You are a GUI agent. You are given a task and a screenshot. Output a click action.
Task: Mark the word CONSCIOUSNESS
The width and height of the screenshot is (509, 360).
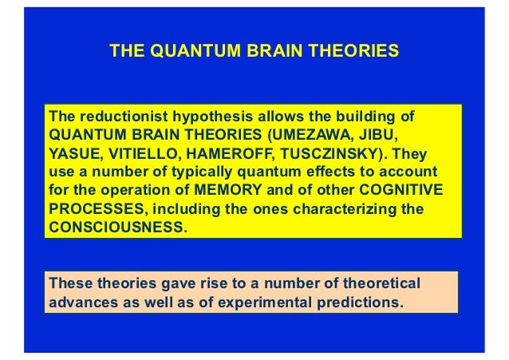click(x=116, y=228)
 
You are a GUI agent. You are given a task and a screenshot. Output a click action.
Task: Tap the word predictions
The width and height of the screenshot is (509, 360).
click(x=360, y=303)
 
